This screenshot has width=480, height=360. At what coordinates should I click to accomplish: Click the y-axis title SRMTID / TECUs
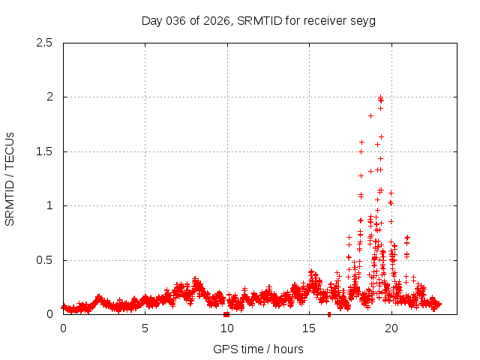pyautogui.click(x=10, y=178)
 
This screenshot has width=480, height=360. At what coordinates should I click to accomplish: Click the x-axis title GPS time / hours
pyautogui.click(x=258, y=349)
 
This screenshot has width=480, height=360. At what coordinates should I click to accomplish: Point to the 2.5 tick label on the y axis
pyautogui.click(x=45, y=43)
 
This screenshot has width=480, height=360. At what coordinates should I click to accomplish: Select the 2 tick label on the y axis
pyautogui.click(x=49, y=97)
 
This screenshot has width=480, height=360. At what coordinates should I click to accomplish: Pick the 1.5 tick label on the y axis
pyautogui.click(x=45, y=151)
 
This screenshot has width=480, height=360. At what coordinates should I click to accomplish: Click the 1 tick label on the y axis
pyautogui.click(x=49, y=205)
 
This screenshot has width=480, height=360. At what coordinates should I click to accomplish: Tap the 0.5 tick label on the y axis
pyautogui.click(x=45, y=260)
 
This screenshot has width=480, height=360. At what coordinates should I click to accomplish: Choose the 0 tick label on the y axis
pyautogui.click(x=49, y=314)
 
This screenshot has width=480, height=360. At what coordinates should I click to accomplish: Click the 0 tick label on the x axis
pyautogui.click(x=63, y=328)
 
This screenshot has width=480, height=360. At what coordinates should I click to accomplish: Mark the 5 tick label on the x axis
pyautogui.click(x=145, y=328)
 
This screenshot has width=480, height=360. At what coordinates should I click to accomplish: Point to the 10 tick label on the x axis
pyautogui.click(x=227, y=328)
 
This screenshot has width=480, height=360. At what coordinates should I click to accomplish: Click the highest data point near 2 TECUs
pyautogui.click(x=380, y=97)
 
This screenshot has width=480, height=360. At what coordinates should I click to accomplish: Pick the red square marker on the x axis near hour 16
pyautogui.click(x=329, y=314)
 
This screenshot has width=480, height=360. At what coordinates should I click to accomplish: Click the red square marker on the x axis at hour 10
pyautogui.click(x=226, y=314)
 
